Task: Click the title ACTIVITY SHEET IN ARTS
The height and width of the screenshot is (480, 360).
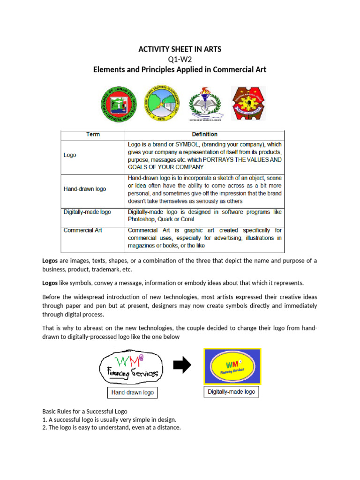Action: click(180, 49)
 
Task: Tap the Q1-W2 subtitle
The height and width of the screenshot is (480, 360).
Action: click(180, 60)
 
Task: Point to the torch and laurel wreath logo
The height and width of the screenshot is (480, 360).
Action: click(203, 103)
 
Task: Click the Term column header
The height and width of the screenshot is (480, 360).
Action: click(93, 135)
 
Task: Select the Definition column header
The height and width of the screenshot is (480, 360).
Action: click(204, 135)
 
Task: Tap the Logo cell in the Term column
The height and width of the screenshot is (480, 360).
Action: click(70, 155)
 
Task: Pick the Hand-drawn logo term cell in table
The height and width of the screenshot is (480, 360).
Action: click(85, 189)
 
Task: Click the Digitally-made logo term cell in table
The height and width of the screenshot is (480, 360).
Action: click(87, 212)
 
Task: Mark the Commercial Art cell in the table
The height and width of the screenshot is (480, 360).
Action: click(82, 230)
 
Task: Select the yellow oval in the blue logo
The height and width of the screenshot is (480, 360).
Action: click(232, 367)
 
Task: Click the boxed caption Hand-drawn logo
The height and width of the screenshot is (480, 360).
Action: click(131, 392)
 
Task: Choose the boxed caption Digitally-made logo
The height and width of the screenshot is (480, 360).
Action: click(232, 391)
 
